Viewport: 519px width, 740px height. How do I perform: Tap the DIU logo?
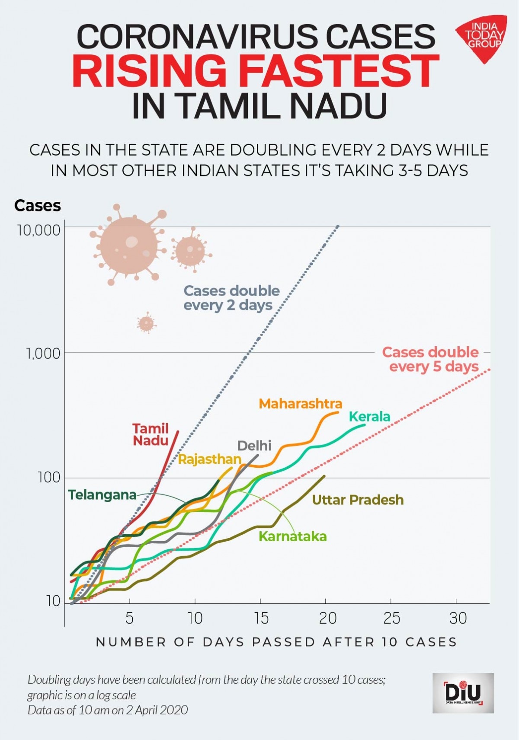coord(463,693)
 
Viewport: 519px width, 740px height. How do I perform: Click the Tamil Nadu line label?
coord(151,434)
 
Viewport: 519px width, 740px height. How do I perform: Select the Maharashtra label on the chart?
coord(301,404)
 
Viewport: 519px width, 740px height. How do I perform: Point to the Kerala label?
coord(369,417)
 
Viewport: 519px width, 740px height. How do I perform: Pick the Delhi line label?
coord(254,446)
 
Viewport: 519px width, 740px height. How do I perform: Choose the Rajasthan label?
coord(209,459)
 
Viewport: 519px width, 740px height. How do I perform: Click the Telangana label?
coord(102,494)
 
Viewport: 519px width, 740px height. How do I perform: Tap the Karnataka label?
coord(292,536)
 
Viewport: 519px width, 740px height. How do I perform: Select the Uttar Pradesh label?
coord(358,500)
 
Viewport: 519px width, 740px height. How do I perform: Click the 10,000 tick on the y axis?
coord(38,230)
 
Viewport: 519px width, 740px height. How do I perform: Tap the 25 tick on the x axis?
coord(391,618)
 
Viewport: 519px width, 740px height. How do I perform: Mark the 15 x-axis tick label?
coord(261,618)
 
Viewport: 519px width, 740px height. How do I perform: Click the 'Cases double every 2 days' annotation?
coord(231,298)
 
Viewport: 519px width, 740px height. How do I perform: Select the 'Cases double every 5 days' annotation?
coord(430,359)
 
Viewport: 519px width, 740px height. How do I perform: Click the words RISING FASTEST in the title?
coord(256,70)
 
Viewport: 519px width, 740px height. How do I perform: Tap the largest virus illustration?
coord(128,246)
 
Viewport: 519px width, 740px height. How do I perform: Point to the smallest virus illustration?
coord(146,323)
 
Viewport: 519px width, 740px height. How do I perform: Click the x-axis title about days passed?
coord(276,642)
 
